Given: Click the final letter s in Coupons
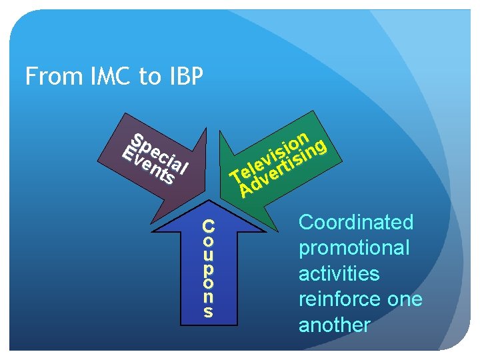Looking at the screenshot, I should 209,311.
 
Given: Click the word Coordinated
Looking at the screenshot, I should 356,222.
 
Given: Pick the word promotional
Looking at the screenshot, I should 354,248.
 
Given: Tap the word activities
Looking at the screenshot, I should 339,274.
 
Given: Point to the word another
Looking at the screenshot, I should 334,325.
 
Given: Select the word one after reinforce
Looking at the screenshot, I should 405,299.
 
